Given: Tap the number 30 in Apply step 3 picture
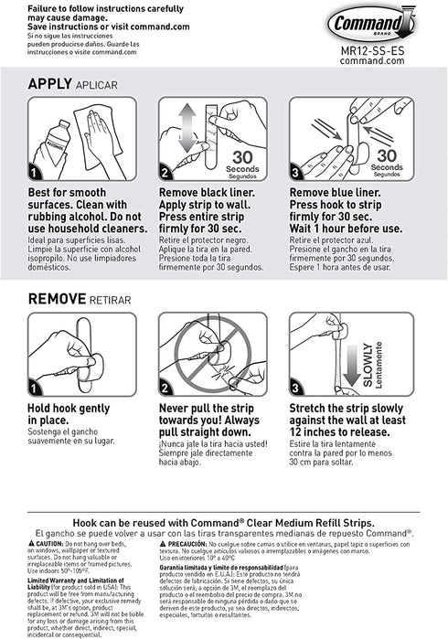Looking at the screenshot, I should tap(387, 154).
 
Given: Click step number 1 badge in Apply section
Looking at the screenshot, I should tap(36, 172).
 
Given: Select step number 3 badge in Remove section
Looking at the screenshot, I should tap(297, 388).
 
